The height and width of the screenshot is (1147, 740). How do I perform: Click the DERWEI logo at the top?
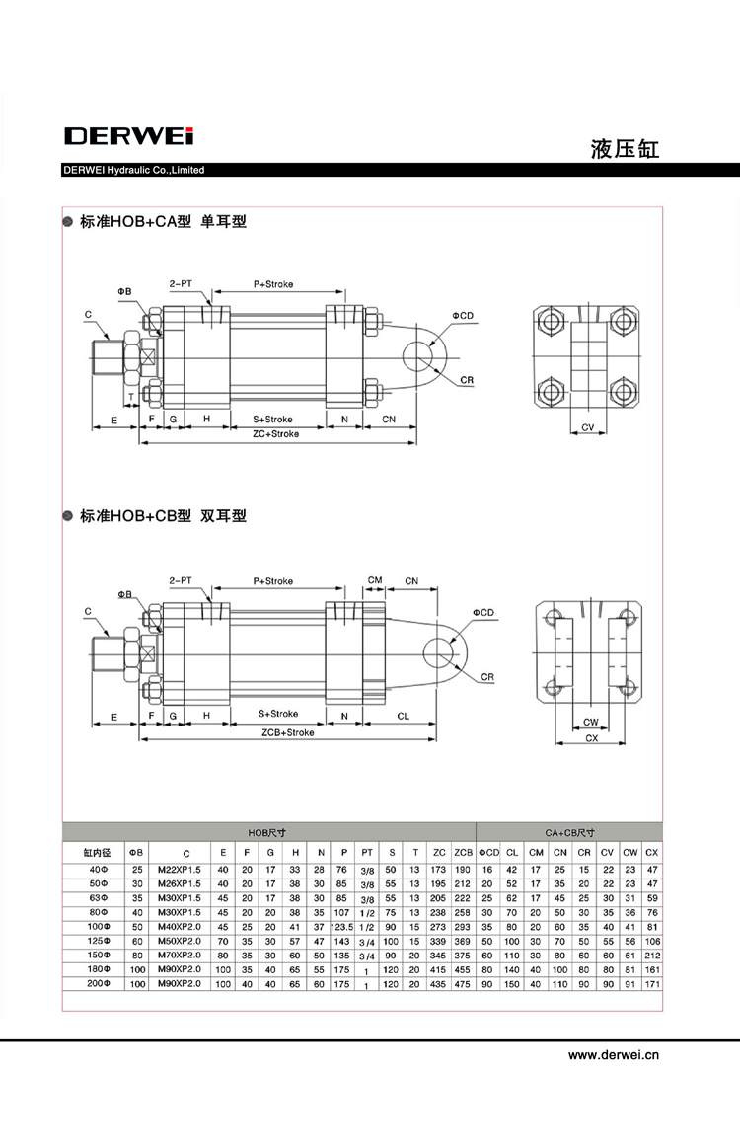128,135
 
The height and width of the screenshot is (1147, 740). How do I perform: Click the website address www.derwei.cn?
613,1054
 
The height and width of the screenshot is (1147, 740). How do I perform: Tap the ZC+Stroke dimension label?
275,433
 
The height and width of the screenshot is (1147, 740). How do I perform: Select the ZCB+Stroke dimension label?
287,733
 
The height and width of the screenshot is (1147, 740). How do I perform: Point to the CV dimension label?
588,427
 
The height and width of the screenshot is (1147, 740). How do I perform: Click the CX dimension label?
591,738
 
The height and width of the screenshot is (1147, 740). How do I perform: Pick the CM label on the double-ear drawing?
375,580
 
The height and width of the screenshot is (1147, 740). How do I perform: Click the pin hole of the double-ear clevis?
435,651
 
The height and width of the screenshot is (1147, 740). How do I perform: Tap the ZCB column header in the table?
463,852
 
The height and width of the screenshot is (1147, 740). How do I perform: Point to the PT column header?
367,852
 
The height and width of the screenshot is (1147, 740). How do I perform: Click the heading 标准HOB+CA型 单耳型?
163,222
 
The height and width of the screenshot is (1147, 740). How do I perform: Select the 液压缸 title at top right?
624,150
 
